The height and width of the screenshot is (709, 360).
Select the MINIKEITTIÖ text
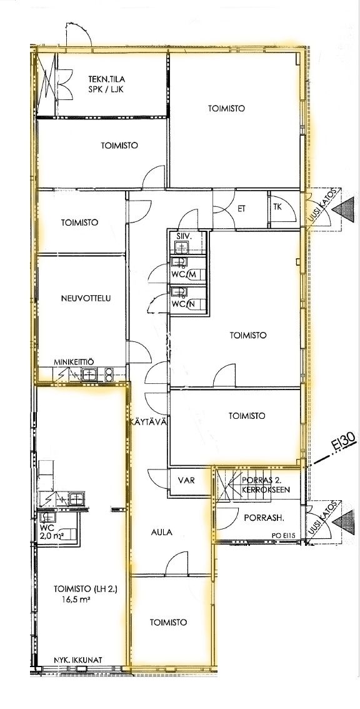(73, 362)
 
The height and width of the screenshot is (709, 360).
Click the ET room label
(242, 209)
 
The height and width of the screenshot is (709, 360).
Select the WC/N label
(182, 304)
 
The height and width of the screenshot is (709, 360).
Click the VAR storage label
(186, 480)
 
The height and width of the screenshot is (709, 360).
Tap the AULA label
(162, 532)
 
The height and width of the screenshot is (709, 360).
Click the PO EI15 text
(283, 536)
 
